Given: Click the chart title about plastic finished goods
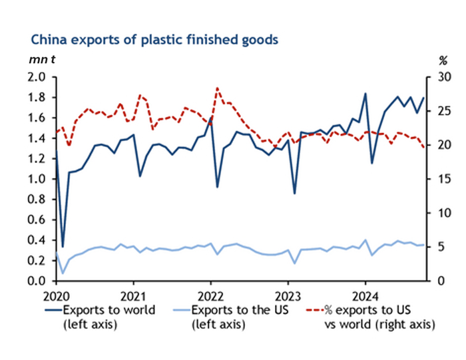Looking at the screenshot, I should (154, 39).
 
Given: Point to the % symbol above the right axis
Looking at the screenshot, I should (443, 60).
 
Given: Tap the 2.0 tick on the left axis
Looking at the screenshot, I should (37, 77).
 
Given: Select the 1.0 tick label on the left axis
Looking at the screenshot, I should (37, 179).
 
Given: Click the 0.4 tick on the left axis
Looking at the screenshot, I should (37, 240).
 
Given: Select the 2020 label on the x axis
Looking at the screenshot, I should (56, 294).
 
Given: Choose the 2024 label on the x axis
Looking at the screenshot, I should (365, 294).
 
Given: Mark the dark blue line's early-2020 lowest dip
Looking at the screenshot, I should (63, 247).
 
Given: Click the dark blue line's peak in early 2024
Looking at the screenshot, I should (365, 93).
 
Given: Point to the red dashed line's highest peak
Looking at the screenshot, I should (217, 88).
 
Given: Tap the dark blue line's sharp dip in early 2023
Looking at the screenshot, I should (294, 194).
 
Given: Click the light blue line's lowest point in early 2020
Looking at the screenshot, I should (63, 273).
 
